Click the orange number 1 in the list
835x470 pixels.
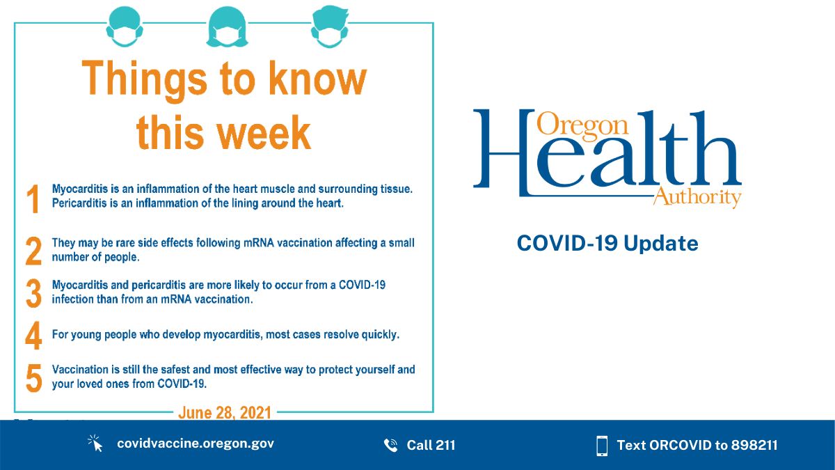pyautogui.click(x=33, y=198)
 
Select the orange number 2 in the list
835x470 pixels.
pyautogui.click(x=33, y=251)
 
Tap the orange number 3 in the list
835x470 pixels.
pyautogui.click(x=33, y=293)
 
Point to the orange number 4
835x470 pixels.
pyautogui.click(x=33, y=336)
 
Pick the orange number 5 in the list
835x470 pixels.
pyautogui.click(x=34, y=378)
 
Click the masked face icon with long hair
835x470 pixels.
pyautogui.click(x=227, y=27)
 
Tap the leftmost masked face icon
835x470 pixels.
pyautogui.click(x=125, y=27)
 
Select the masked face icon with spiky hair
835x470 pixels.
pyautogui.click(x=330, y=26)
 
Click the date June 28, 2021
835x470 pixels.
pyautogui.click(x=224, y=412)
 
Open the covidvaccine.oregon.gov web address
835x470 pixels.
pyautogui.click(x=196, y=444)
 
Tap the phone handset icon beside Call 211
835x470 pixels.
pyautogui.click(x=390, y=445)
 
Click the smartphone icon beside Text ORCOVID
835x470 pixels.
pyautogui.click(x=602, y=446)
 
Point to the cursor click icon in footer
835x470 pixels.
pyautogui.click(x=95, y=443)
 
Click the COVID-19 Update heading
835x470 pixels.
pyautogui.click(x=607, y=243)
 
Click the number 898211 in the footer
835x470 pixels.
pyautogui.click(x=754, y=445)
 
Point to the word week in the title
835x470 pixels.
pyautogui.click(x=264, y=133)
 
